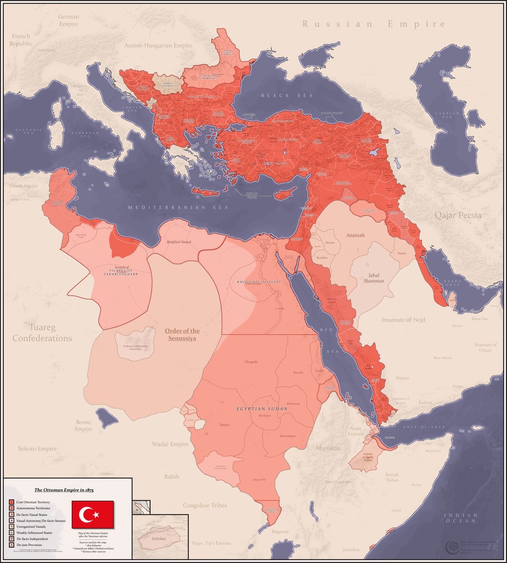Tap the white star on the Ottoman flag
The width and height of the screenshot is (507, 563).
click(97, 515)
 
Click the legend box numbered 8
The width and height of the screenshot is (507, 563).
click(10, 545)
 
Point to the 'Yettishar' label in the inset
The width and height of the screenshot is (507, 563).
click(162, 539)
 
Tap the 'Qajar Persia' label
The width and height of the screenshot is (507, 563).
click(458, 215)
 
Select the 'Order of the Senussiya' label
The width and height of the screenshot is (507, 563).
click(182, 335)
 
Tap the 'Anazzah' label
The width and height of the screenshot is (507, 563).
click(356, 235)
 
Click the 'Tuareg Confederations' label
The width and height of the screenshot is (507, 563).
click(42, 332)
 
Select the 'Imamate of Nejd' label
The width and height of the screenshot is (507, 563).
click(403, 320)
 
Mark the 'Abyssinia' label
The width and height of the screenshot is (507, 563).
click(327, 448)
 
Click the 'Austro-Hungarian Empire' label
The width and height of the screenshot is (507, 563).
click(158, 46)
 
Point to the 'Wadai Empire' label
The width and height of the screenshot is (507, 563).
click(170, 444)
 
